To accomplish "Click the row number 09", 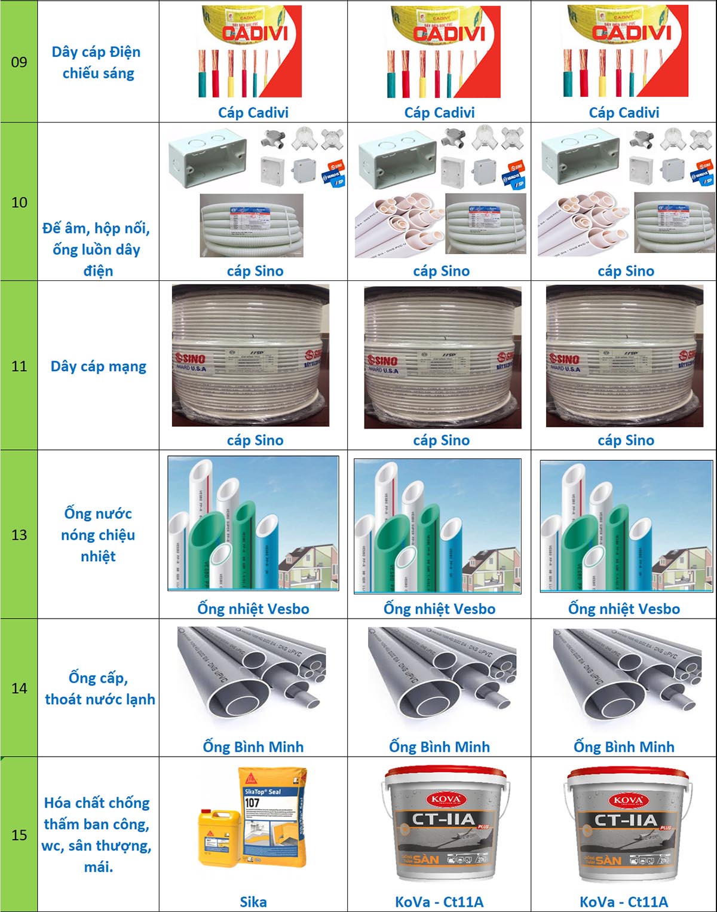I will tap(19, 62).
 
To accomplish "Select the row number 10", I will tap(19, 203).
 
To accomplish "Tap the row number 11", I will tap(19, 366).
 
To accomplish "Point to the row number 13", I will tap(19, 535).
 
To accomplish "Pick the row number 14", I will tap(19, 688).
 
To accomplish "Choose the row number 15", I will tap(19, 835).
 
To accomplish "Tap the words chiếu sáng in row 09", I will tap(99, 74).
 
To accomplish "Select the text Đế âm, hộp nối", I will tap(96, 228).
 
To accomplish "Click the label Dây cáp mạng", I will tap(99, 366).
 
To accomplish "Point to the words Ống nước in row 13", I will tap(98, 513).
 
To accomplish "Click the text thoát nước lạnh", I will tap(100, 699).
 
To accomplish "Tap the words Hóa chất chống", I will tap(97, 803).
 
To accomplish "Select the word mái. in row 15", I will tap(99, 867).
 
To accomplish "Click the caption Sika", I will tap(253, 902).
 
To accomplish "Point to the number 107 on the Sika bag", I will tap(252, 803).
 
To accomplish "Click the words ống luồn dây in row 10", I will tap(96, 250).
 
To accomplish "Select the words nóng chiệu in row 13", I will tap(98, 535).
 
